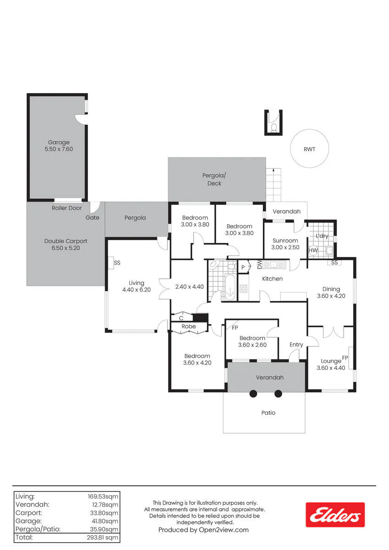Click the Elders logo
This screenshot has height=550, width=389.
(x=335, y=515)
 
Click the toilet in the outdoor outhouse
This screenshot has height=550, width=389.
(x=273, y=128)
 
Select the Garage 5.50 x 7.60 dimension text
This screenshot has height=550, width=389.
(x=59, y=149)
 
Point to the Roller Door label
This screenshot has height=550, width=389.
(x=67, y=208)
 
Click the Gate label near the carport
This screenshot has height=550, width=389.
(x=92, y=218)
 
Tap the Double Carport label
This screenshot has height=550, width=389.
(x=66, y=241)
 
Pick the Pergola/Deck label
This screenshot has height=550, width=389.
(x=214, y=179)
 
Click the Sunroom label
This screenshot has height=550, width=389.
(x=285, y=241)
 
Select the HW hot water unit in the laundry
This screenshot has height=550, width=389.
(x=313, y=250)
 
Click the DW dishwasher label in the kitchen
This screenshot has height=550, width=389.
(x=260, y=264)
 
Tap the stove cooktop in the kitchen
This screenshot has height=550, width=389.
(x=243, y=288)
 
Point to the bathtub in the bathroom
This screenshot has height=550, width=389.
(x=230, y=287)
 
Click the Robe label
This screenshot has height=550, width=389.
(x=189, y=326)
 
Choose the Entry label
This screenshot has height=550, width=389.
(x=296, y=345)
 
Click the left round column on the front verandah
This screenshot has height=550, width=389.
(x=253, y=394)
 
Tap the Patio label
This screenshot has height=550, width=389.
(x=268, y=412)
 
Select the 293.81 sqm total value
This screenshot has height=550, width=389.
(x=102, y=537)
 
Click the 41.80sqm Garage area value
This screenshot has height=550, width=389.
(x=105, y=521)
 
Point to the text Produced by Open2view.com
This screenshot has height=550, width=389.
(x=204, y=530)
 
